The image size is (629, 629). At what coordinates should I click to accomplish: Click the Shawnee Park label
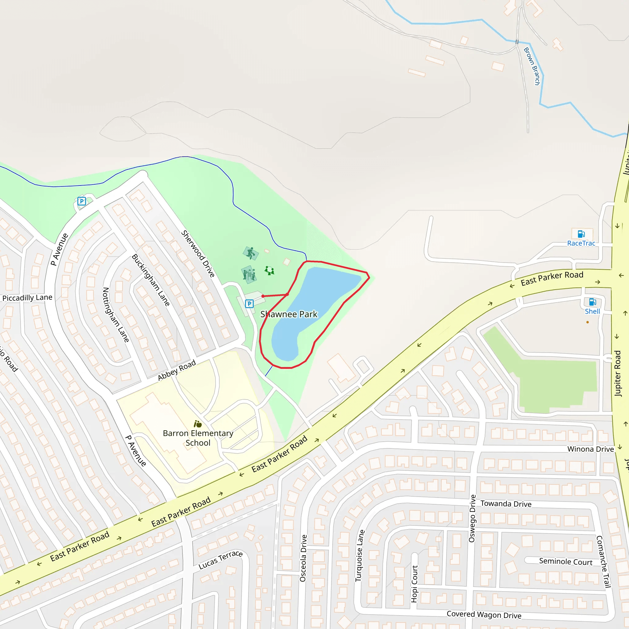pyautogui.click(x=288, y=314)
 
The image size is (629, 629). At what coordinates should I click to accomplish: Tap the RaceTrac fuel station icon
pyautogui.click(x=581, y=234)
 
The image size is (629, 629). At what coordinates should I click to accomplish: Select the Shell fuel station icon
pyautogui.click(x=592, y=302)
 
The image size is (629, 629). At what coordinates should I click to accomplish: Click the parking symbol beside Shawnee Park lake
pyautogui.click(x=249, y=304)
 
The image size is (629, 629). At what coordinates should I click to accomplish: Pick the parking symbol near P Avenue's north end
pyautogui.click(x=82, y=201)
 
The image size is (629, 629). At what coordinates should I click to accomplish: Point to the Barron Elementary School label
pyautogui.click(x=198, y=438)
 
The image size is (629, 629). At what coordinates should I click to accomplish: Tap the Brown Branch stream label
pyautogui.click(x=532, y=66)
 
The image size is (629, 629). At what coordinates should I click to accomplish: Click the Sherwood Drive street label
pyautogui.click(x=198, y=254)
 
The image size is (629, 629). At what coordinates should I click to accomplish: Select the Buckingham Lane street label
pyautogui.click(x=150, y=280)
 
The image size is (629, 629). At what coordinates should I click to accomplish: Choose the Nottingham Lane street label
pyautogui.click(x=115, y=314)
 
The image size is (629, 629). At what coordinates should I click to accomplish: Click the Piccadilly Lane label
pyautogui.click(x=27, y=298)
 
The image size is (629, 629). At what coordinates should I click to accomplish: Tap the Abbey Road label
pyautogui.click(x=177, y=370)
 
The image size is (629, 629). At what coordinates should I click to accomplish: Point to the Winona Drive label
pyautogui.click(x=591, y=449)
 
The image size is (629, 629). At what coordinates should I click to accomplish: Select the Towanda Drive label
pyautogui.click(x=506, y=504)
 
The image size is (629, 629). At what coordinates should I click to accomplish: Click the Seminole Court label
pyautogui.click(x=566, y=561)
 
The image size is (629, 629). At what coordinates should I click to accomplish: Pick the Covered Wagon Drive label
pyautogui.click(x=484, y=615)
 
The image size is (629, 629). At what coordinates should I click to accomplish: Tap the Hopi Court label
pyautogui.click(x=414, y=584)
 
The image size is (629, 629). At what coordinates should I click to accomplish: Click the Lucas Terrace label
pyautogui.click(x=221, y=560)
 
